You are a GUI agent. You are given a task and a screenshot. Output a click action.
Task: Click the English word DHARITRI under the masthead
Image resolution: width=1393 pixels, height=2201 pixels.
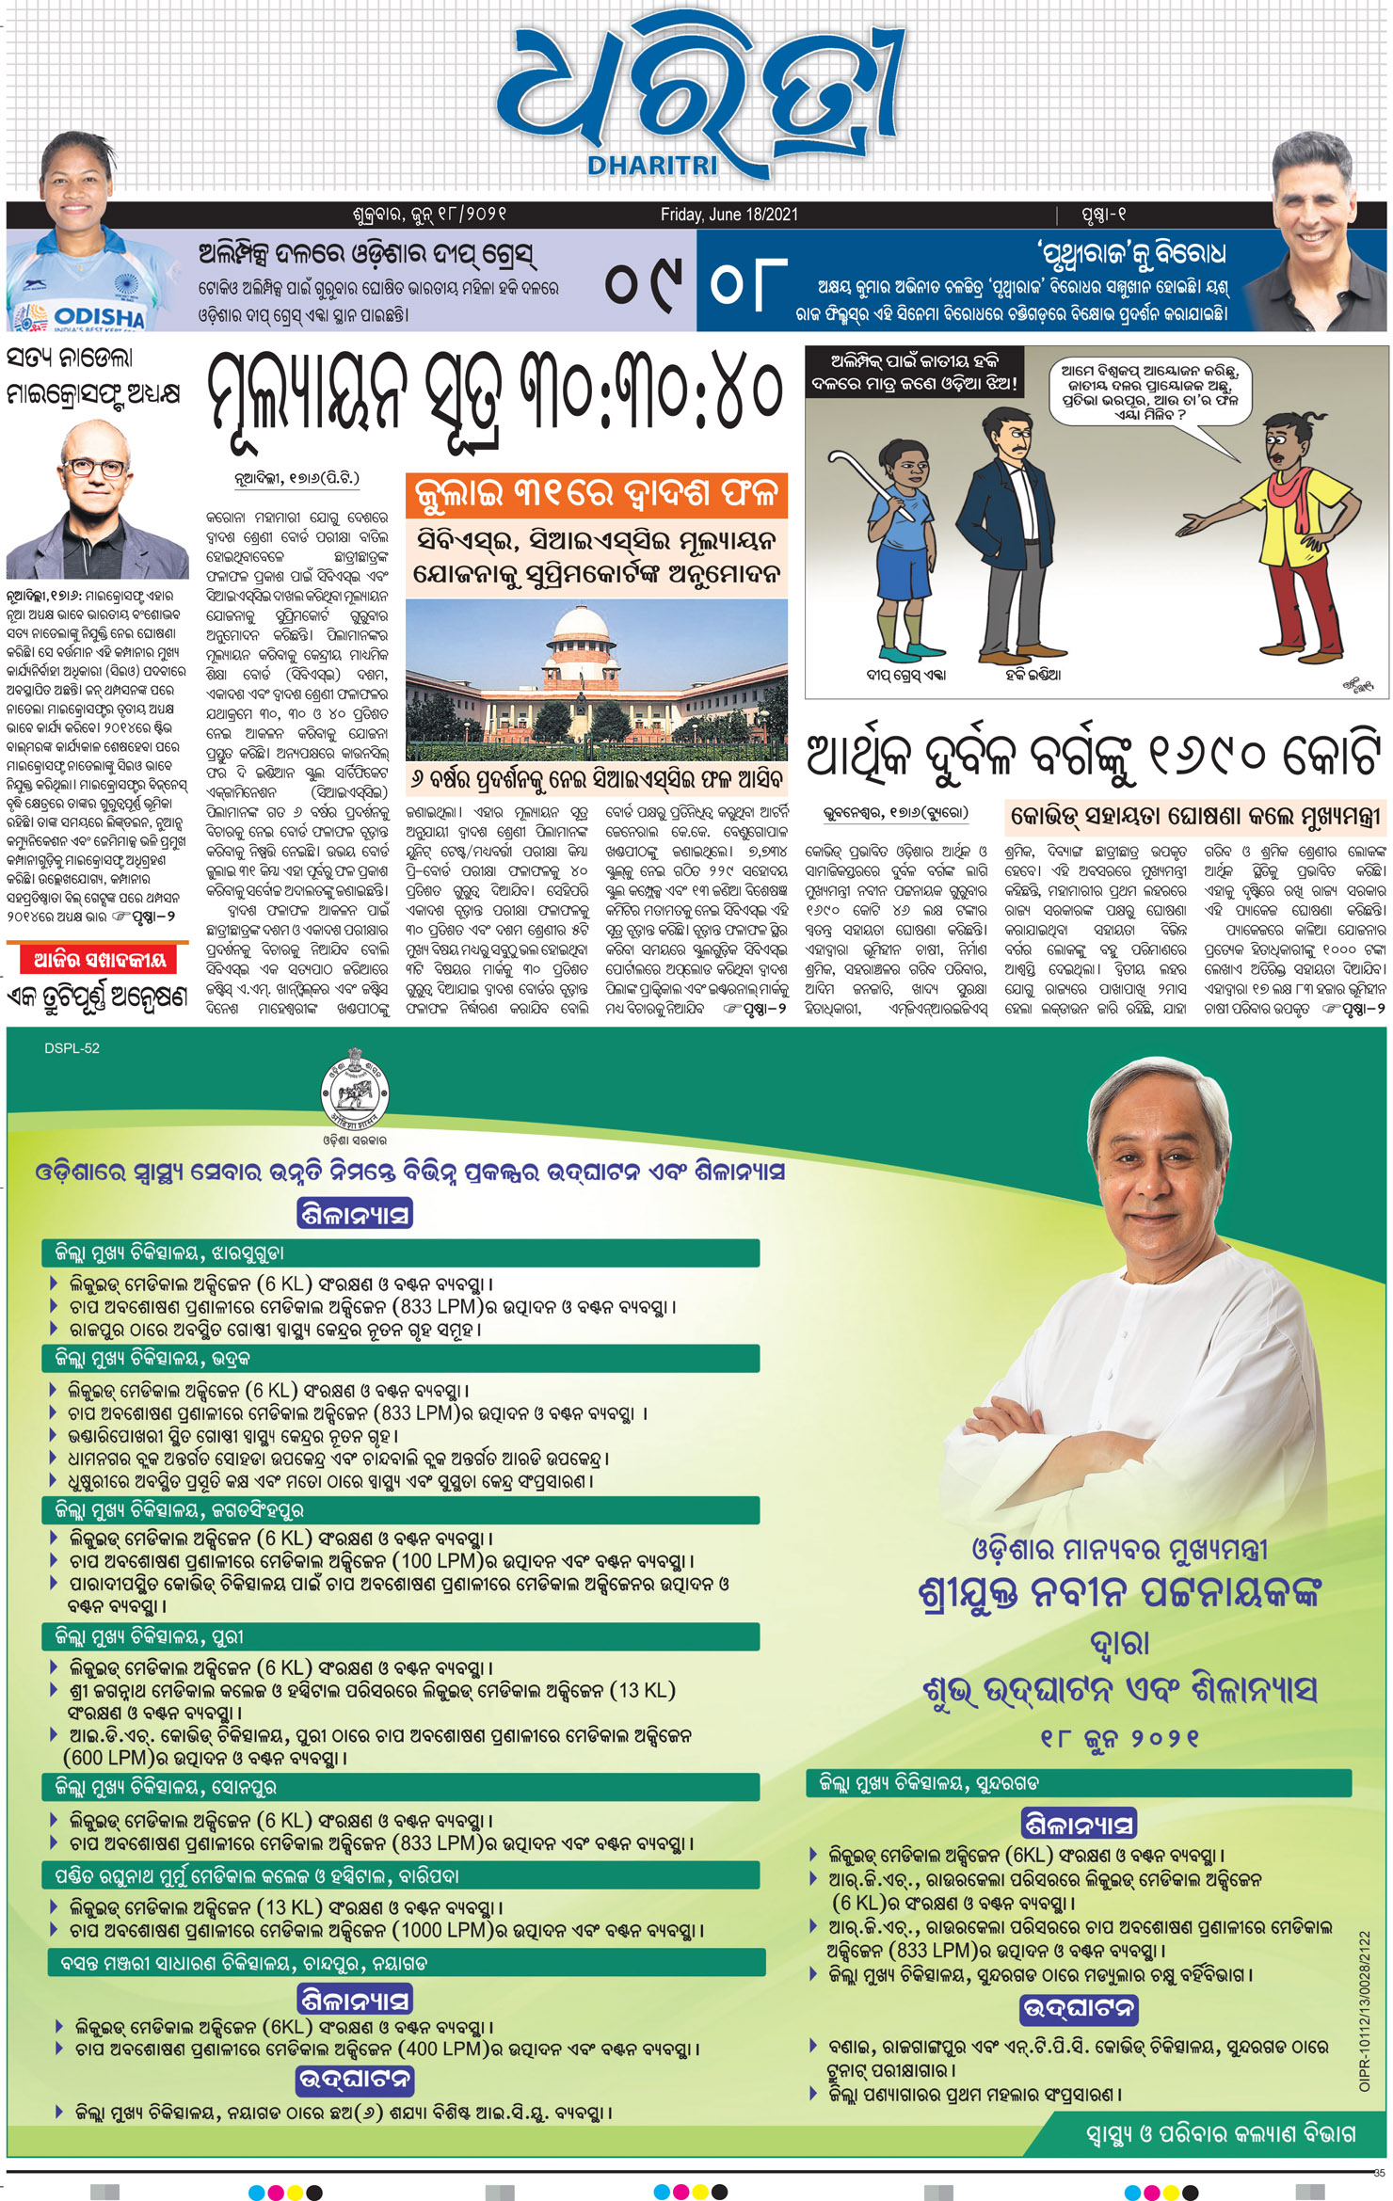pos(652,167)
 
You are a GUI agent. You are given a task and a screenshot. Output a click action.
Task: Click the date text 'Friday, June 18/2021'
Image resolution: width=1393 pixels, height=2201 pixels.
pos(729,215)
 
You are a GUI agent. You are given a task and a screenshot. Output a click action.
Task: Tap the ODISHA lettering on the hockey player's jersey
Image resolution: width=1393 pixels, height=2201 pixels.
pos(99,316)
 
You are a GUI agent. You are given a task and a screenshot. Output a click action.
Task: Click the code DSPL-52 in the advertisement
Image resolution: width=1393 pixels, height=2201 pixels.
pos(72,1048)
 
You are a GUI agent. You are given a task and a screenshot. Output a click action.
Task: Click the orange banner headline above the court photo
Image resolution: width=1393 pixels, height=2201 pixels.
pos(597,494)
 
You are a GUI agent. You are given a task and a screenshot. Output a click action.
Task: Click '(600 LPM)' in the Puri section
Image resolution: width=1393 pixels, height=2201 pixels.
pos(104,1757)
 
